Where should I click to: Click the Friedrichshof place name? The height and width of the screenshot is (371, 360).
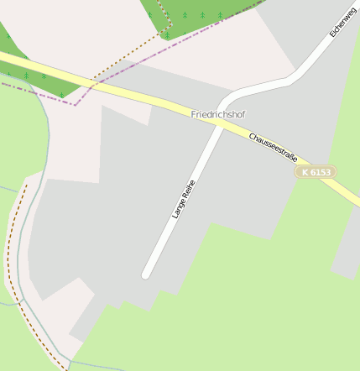point(218,113)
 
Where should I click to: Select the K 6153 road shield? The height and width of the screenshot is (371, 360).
point(316,171)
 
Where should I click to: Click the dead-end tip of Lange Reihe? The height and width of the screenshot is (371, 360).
point(147,273)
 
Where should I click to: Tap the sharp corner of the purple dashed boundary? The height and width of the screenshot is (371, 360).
point(76,104)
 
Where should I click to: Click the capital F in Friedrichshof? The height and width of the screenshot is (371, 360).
point(194,113)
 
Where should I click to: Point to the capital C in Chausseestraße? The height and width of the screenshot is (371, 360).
point(251,134)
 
